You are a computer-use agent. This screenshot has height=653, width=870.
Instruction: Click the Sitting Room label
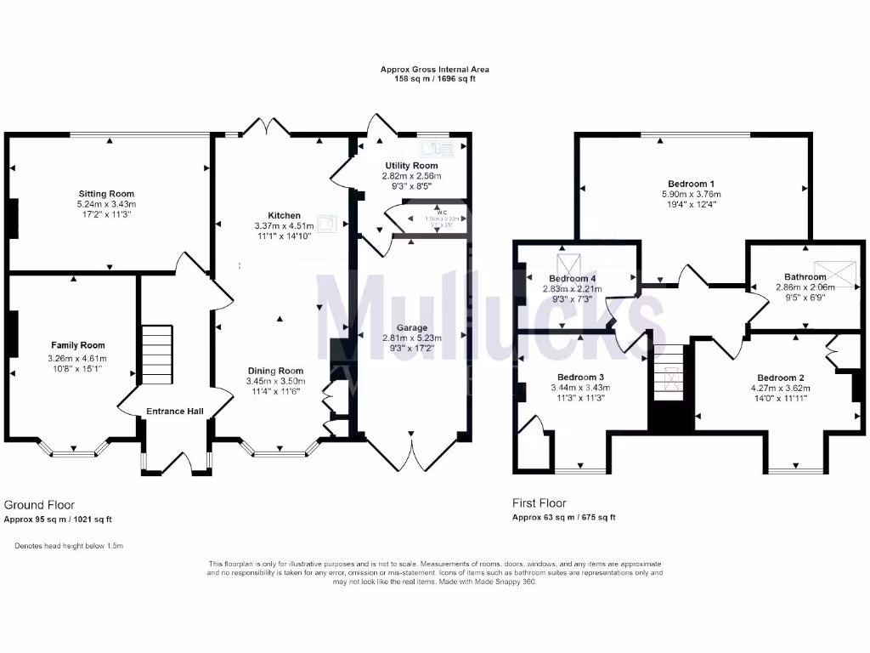pyautogui.click(x=106, y=194)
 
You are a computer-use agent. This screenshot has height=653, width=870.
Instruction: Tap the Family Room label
pyautogui.click(x=78, y=345)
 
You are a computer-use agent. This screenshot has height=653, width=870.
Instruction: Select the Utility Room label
pyautogui.click(x=411, y=166)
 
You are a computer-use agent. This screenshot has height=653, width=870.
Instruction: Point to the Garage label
pyautogui.click(x=411, y=327)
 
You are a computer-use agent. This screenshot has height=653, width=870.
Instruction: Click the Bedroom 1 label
pyautogui.click(x=691, y=184)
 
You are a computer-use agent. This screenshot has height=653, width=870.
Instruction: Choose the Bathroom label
pyautogui.click(x=805, y=277)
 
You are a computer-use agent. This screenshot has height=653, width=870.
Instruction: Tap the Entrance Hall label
pyautogui.click(x=175, y=412)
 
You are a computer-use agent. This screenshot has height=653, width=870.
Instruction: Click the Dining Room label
pyautogui.click(x=275, y=371)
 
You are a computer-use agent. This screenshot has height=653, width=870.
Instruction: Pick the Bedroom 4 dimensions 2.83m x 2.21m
pyautogui.click(x=572, y=289)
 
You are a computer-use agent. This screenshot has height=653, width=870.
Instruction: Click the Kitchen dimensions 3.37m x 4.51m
pyautogui.click(x=284, y=225)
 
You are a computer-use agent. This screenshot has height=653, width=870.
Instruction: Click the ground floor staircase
pyautogui.click(x=157, y=355)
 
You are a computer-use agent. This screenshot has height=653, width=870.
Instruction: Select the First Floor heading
pyautogui.click(x=539, y=503)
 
